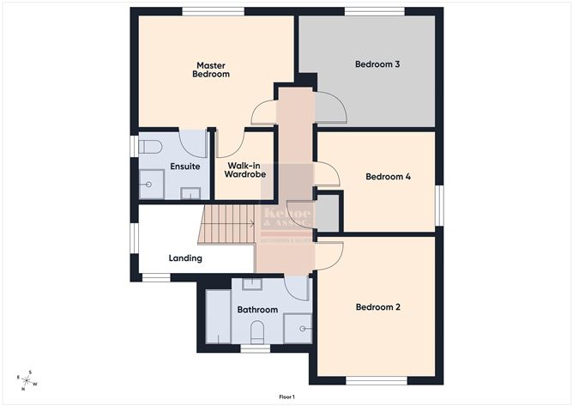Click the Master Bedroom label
212,70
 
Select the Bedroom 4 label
388,177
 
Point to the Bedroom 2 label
378,306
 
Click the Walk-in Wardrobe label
244,169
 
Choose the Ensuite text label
185,166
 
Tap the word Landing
185,258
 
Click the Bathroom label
257,309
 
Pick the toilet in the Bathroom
256,331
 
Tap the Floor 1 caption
286,397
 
